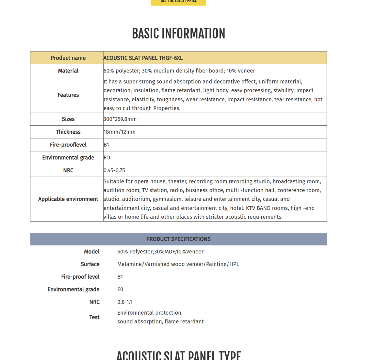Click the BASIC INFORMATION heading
click(x=178, y=34)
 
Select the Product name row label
click(x=68, y=58)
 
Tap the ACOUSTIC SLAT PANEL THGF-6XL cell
click(x=143, y=58)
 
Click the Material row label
click(x=68, y=71)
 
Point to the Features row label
click(x=68, y=95)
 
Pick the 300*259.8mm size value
click(x=120, y=119)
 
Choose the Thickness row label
click(x=68, y=132)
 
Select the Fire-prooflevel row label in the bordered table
click(x=68, y=145)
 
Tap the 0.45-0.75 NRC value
click(x=114, y=170)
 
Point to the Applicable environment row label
click(x=68, y=199)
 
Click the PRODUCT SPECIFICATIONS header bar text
click(x=178, y=239)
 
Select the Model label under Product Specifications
click(x=91, y=252)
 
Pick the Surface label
click(x=90, y=264)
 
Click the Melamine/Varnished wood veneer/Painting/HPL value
click(x=178, y=264)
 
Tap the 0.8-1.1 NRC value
click(x=124, y=302)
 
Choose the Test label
click(x=94, y=317)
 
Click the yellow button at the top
click(x=178, y=2)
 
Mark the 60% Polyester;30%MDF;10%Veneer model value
click(x=160, y=252)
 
